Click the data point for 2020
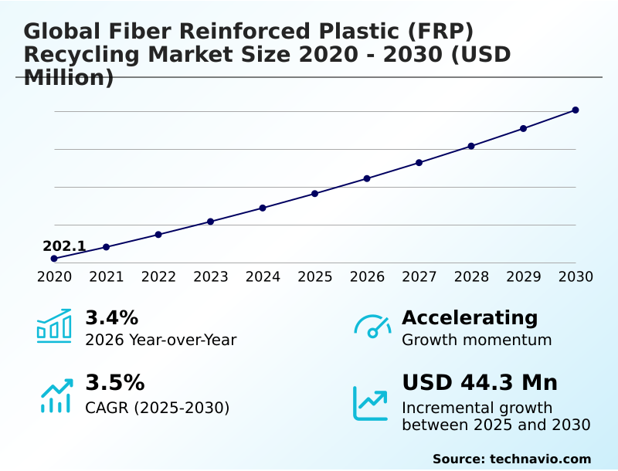54,259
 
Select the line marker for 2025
315,193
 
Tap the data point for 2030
576,110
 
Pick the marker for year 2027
419,163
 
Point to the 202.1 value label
64,246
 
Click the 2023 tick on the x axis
211,276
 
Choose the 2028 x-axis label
471,276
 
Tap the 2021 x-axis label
107,276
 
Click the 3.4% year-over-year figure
111,317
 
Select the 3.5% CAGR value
114,383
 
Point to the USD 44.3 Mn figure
480,383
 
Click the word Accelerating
470,317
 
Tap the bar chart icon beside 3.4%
54,326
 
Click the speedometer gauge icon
372,327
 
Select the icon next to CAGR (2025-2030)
56,395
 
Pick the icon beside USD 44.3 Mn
371,403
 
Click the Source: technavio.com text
511,459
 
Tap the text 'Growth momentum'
477,340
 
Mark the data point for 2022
158,234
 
